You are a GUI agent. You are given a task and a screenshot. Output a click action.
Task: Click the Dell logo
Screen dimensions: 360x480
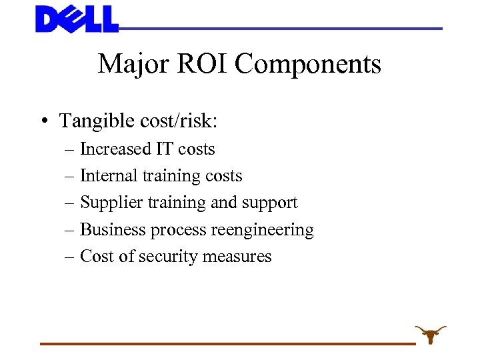[77, 19]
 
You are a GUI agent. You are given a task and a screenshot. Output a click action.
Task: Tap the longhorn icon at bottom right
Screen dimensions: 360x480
[431, 333]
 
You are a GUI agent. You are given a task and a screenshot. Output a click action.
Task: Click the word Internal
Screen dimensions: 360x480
[105, 176]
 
